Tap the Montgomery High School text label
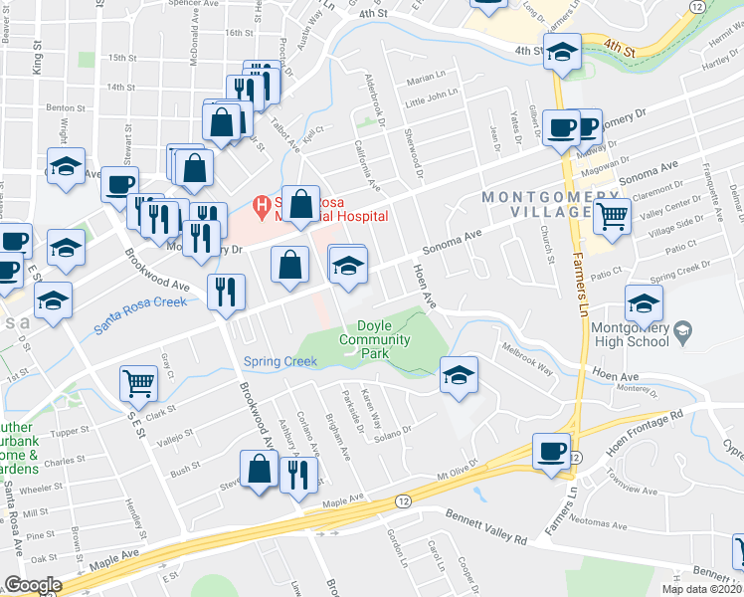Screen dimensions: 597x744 (632, 334)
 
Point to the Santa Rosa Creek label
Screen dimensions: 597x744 (140, 315)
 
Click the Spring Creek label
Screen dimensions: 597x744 (279, 361)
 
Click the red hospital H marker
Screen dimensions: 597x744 (263, 207)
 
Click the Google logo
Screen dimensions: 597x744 (33, 585)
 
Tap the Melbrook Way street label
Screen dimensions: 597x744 (528, 359)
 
